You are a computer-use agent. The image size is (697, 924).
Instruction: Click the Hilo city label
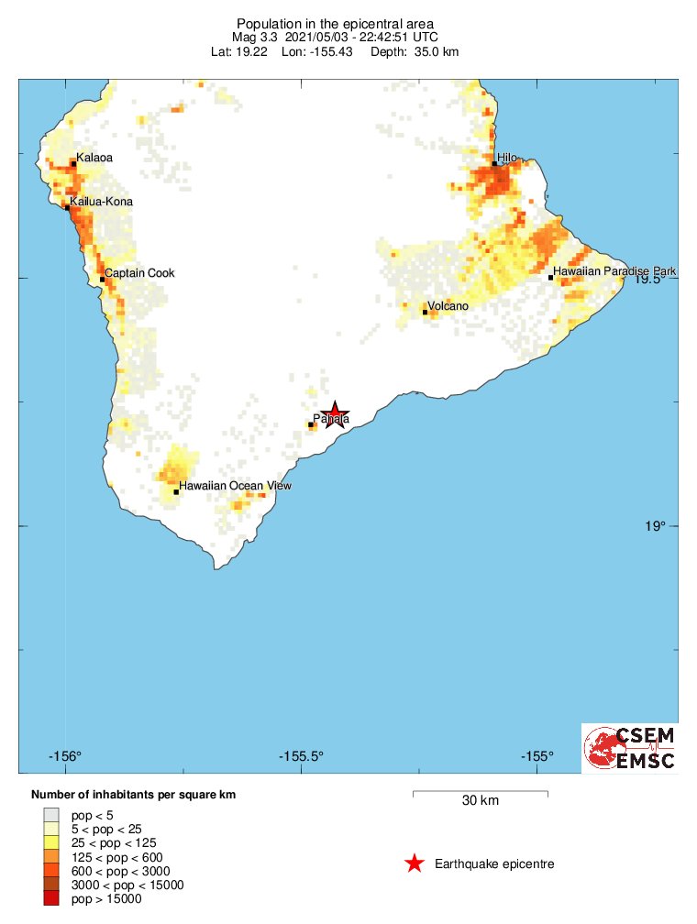(508, 158)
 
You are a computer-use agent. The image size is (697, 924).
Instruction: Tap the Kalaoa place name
(94, 158)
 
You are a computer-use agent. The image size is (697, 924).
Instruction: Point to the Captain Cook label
(139, 273)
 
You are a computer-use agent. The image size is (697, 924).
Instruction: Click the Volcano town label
(448, 305)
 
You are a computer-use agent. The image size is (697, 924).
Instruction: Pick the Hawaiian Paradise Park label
(614, 271)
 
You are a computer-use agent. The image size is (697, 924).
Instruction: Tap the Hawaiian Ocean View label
(235, 486)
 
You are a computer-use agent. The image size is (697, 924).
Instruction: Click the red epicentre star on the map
(336, 414)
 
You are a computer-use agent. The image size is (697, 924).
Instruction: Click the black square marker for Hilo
(494, 164)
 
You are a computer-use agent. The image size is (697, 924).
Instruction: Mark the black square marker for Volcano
(425, 312)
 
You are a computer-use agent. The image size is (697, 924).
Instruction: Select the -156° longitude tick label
(65, 756)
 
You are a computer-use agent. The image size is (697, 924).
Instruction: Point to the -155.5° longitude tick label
(303, 756)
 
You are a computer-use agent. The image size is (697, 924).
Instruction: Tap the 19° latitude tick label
(654, 526)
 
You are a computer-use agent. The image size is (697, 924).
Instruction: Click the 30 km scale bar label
(480, 800)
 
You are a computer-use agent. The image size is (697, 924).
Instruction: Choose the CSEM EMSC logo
(631, 748)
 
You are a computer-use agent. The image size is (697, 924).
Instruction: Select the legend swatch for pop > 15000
(51, 899)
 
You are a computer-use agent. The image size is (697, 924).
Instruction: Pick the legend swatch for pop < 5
(51, 814)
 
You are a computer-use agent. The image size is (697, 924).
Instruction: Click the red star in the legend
(415, 863)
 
